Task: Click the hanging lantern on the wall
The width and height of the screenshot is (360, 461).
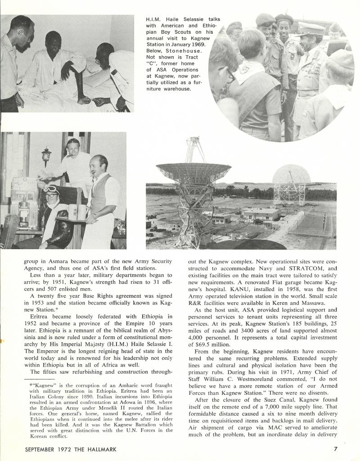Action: (x=46, y=157)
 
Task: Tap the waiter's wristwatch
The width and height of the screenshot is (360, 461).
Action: (x=95, y=215)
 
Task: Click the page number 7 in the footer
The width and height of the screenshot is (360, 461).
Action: (x=335, y=448)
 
